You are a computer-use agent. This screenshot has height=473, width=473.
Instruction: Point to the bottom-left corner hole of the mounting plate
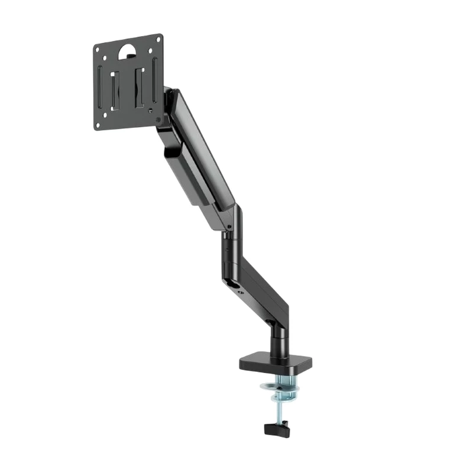click(99, 123)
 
